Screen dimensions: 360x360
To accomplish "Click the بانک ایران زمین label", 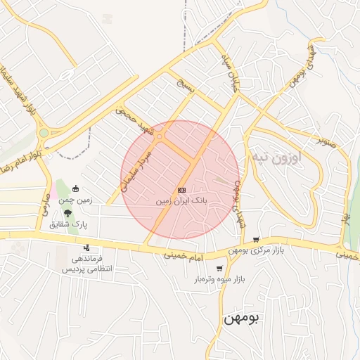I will (181, 200).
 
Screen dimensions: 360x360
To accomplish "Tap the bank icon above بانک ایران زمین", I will (181, 190).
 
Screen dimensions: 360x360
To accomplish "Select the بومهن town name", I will (241, 318).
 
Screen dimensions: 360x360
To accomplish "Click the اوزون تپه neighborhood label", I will (276, 159).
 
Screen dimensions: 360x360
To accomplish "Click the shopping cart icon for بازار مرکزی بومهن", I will (256, 240).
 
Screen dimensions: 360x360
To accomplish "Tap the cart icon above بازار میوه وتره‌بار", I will (220, 268).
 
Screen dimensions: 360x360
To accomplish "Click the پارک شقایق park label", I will (67, 225).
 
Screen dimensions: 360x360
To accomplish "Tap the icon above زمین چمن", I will (77, 188).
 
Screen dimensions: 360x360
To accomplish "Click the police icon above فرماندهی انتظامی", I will (86, 247).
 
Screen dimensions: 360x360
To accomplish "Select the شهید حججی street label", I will (134, 120).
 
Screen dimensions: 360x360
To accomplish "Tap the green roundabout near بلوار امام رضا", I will (44, 132).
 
